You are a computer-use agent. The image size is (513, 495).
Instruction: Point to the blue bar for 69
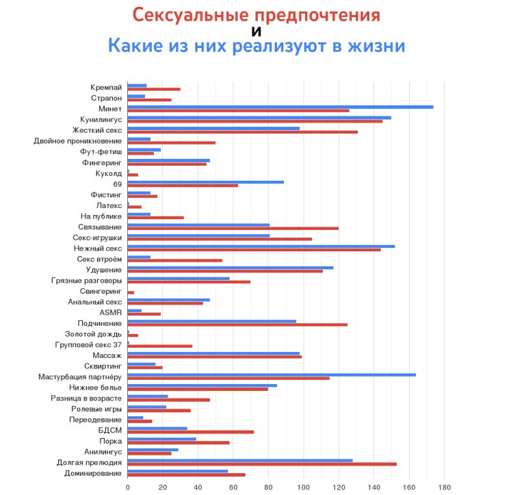(x=206, y=182)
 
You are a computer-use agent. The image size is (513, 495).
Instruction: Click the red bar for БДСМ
(x=191, y=432)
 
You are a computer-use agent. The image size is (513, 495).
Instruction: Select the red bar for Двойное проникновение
(x=172, y=142)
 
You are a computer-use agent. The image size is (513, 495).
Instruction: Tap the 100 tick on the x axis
(x=304, y=487)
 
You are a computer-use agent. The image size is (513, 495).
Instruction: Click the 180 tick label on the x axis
(x=444, y=487)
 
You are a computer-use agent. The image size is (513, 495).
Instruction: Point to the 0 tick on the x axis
(x=128, y=487)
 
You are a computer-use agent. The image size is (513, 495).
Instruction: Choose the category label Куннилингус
(x=101, y=119)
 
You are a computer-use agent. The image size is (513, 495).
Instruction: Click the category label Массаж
(x=107, y=356)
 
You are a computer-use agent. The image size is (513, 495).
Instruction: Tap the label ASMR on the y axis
(x=111, y=312)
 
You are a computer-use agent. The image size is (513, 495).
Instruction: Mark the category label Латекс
(x=109, y=205)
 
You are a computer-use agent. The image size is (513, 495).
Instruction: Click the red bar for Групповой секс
(x=160, y=346)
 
